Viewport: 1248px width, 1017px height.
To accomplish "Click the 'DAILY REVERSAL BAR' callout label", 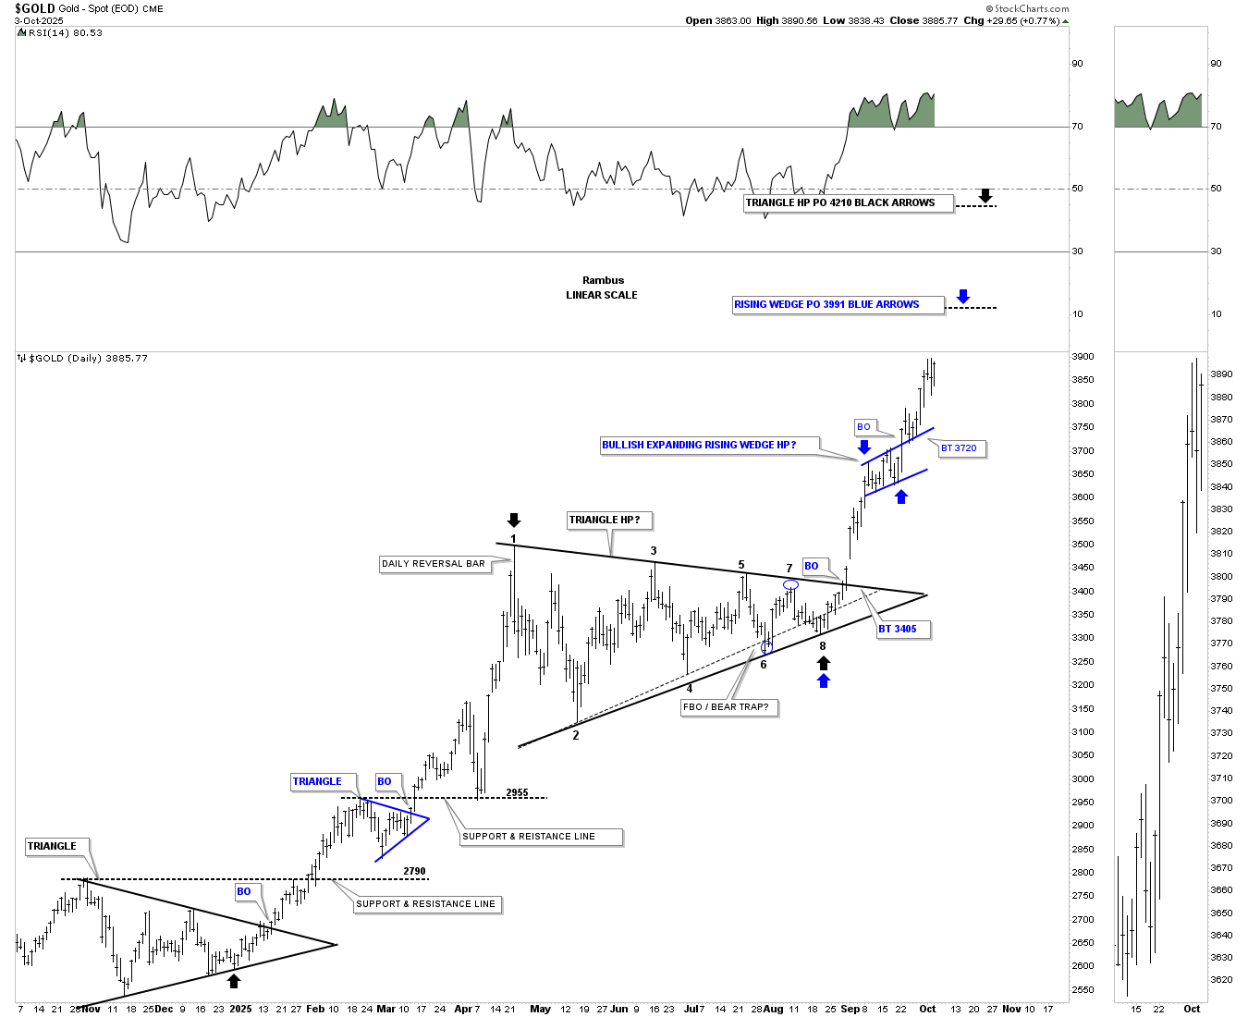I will coord(434,564).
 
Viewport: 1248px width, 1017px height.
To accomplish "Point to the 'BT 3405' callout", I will coord(900,630).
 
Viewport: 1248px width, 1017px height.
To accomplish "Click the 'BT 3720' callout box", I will coord(960,448).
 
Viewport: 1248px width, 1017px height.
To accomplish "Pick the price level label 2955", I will coord(518,793).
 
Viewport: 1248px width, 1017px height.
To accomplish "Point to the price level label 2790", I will coord(415,872).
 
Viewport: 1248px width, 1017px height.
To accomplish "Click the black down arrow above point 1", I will coord(514,521).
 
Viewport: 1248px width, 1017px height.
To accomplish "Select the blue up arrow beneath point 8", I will coord(824,681).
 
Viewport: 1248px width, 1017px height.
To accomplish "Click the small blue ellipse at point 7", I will coord(790,584).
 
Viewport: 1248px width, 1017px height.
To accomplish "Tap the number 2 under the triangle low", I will coord(576,736).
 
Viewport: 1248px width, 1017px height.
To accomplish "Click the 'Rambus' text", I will coord(603,281).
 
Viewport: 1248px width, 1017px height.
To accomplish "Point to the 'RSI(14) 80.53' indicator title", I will coord(65,33).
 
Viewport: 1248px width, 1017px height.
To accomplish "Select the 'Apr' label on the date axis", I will coord(462,1010).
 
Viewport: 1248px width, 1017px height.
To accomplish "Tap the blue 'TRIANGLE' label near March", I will coord(317,782).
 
